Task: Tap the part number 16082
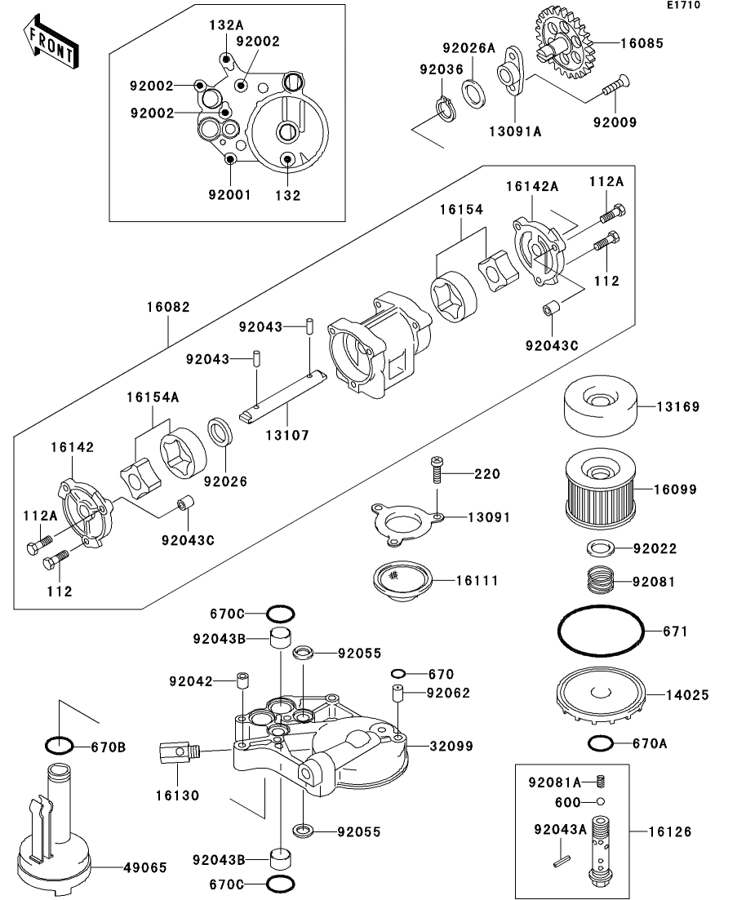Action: pos(168,308)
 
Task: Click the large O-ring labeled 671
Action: pos(601,632)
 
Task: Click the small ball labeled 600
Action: pos(600,801)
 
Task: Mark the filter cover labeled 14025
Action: pos(601,695)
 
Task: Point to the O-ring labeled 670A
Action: pos(601,743)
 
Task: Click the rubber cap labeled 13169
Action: pos(600,406)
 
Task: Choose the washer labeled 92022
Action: pos(601,548)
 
